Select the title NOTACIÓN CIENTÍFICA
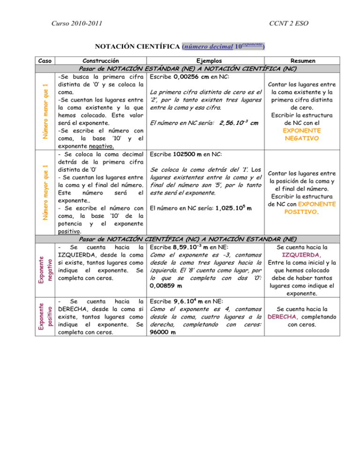(x=139, y=47)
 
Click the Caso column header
(x=45, y=60)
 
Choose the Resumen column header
(x=303, y=60)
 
